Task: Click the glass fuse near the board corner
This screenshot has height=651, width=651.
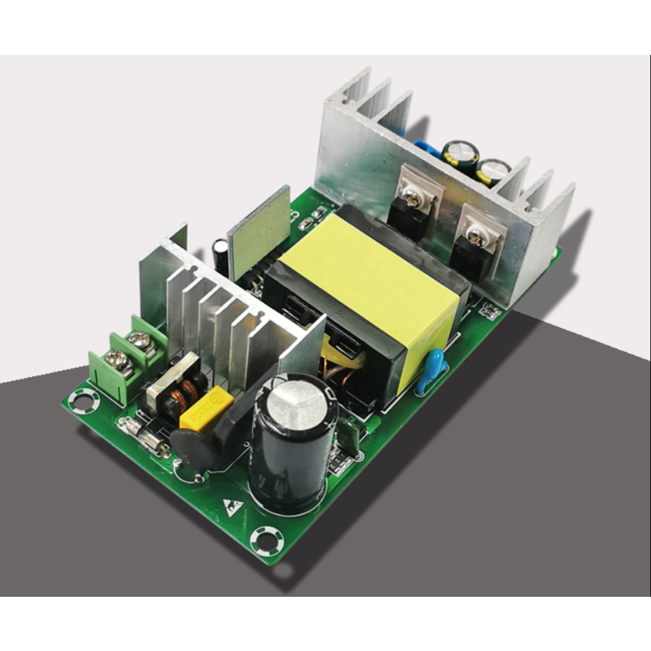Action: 146,434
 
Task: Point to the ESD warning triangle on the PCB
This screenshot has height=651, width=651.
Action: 231,505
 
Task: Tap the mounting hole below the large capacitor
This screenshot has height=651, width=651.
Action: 268,541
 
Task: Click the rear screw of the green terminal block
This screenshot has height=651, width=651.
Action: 141,342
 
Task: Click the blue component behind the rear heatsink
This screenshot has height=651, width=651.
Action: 426,150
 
